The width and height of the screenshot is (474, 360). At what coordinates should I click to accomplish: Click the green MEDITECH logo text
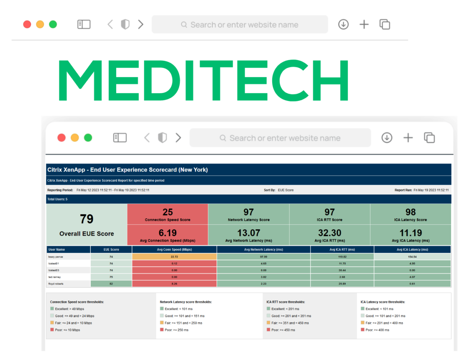203,80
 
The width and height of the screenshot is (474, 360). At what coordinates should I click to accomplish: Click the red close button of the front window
61,138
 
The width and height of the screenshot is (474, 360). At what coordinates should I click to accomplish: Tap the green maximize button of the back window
53,24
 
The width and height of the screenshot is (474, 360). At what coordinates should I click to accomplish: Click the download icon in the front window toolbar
387,138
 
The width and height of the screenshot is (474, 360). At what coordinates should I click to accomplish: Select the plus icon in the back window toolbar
364,24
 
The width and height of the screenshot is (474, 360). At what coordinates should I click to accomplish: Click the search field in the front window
280,138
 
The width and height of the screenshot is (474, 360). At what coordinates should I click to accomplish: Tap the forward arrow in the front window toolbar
178,138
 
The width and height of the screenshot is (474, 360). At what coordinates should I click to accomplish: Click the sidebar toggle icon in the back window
84,24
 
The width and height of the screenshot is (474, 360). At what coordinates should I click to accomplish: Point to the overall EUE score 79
86,219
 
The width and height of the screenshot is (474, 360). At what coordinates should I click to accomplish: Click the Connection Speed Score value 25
167,212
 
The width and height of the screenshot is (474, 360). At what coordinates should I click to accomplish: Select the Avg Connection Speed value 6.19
167,233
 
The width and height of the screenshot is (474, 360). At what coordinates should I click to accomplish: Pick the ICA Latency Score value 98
410,212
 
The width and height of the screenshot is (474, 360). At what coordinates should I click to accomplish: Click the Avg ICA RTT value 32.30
329,233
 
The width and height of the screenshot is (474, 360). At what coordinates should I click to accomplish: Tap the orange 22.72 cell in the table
174,256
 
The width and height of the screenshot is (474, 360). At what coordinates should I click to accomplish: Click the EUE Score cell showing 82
111,284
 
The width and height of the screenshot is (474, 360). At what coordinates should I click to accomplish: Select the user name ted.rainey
54,277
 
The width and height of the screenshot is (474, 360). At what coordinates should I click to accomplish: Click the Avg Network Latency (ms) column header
263,249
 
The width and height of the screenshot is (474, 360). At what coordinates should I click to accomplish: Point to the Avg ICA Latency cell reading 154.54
412,256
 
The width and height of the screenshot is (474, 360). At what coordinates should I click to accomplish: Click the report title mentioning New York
127,170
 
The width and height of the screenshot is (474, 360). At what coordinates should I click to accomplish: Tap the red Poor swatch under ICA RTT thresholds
268,330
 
